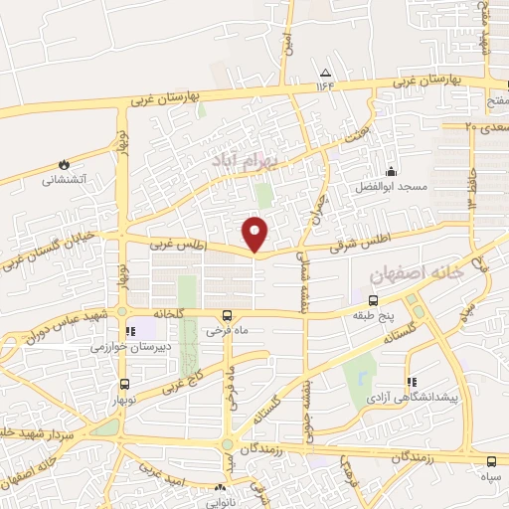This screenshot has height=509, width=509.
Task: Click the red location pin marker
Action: [256, 233]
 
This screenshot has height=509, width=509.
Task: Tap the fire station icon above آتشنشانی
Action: [64, 164]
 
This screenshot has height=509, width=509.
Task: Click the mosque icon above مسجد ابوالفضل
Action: [391, 171]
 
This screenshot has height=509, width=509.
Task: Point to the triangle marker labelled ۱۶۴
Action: [324, 73]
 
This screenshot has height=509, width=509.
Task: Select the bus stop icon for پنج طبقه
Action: [373, 299]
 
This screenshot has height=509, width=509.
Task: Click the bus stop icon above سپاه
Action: [492, 460]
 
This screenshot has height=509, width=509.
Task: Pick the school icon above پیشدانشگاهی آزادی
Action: [410, 382]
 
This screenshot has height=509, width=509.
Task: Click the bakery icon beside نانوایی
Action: [220, 488]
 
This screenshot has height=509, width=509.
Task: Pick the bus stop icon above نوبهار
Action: [123, 384]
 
